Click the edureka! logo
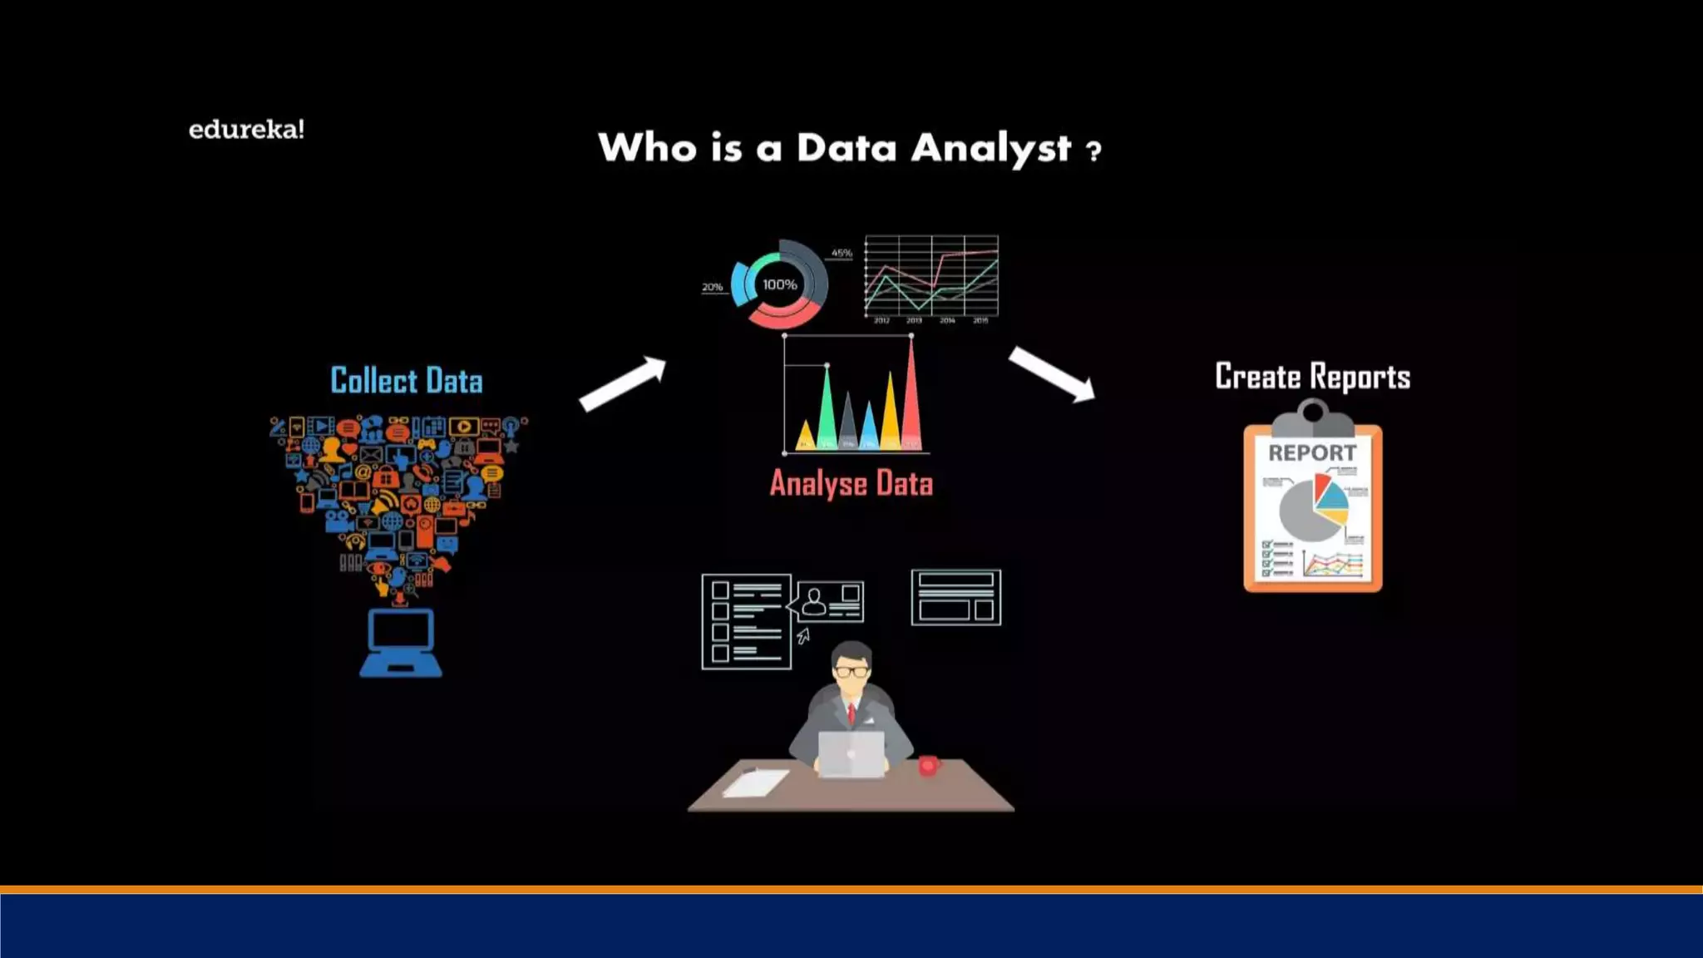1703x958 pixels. [246, 130]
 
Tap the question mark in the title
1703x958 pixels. [1093, 151]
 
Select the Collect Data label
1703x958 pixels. [406, 381]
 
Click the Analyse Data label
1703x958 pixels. [851, 484]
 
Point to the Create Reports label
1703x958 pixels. [1312, 377]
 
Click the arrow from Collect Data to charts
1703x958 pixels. [623, 384]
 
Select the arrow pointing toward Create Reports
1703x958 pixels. [1052, 374]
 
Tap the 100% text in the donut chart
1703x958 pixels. [779, 284]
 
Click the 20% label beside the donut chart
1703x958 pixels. [712, 287]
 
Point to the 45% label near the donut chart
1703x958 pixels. [842, 253]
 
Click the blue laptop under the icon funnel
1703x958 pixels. [401, 643]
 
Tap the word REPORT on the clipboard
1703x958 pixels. [1312, 453]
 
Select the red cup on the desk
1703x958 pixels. [928, 765]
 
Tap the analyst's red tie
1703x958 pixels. [851, 714]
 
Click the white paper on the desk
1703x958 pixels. [755, 783]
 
